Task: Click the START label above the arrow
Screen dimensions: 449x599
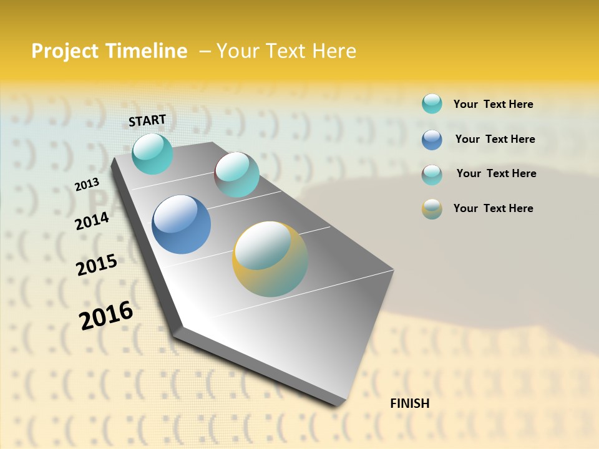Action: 147,120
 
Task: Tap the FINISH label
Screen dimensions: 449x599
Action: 409,403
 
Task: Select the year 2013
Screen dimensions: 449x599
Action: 87,185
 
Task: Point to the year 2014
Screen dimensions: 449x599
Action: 92,221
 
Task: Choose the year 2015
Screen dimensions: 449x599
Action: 97,265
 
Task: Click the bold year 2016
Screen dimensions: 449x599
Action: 106,316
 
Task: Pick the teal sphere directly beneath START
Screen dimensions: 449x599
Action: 152,153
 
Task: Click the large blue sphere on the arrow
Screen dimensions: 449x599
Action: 181,224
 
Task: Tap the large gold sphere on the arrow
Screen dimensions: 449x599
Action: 270,259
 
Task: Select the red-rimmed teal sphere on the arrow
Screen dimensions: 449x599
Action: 236,175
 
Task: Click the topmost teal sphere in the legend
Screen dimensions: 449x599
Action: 432,104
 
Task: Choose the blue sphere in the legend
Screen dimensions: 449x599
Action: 432,140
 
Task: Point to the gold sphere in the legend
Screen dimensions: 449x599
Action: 432,209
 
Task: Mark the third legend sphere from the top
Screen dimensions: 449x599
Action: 432,175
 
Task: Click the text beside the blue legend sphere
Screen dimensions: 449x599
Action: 495,139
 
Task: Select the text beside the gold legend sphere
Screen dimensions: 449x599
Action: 493,208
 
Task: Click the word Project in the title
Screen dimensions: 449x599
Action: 64,51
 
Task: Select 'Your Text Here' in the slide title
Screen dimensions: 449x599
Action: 286,51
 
